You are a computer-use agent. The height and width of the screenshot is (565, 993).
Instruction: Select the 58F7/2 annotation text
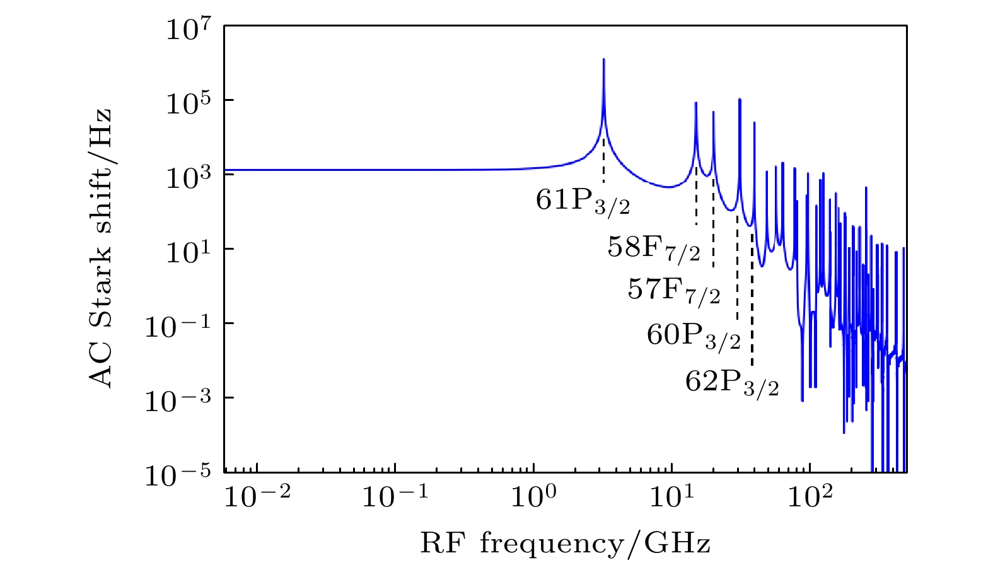(x=654, y=248)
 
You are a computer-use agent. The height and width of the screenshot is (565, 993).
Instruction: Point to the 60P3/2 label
(x=694, y=335)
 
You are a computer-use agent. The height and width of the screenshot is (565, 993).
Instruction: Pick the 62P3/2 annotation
(x=732, y=382)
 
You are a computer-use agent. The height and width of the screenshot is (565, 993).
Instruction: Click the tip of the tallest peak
(x=603, y=59)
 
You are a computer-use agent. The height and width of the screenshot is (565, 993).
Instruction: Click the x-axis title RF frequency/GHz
(x=565, y=542)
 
